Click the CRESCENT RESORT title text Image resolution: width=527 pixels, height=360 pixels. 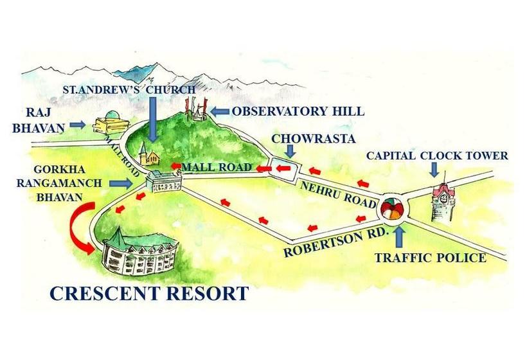tap(149, 294)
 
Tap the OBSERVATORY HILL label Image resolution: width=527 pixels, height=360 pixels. tap(298, 111)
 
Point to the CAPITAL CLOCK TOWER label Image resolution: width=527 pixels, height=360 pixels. tap(437, 156)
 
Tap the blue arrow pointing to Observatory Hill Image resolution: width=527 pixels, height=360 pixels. tap(220, 111)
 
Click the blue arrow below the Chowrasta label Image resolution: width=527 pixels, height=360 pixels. tap(289, 151)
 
